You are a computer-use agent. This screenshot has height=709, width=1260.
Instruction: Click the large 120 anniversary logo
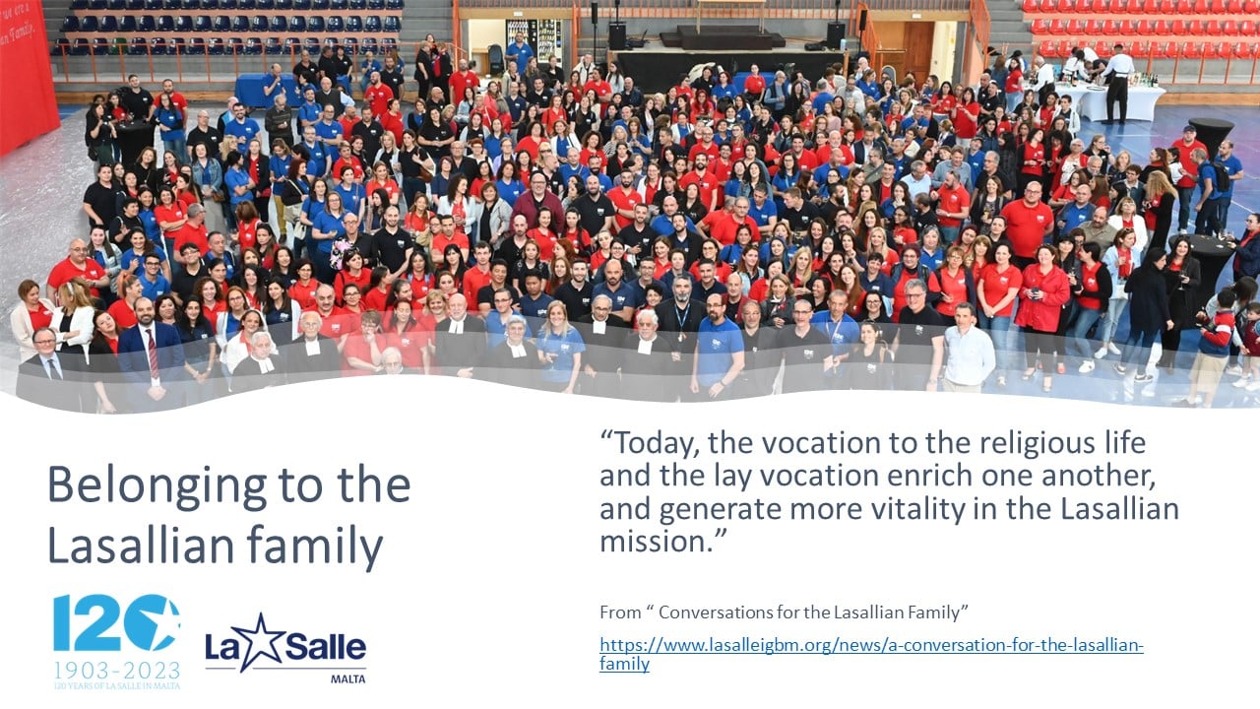pyautogui.click(x=117, y=622)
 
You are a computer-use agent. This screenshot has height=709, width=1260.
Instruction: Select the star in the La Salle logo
pyautogui.click(x=262, y=642)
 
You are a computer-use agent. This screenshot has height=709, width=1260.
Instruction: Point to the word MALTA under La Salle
pyautogui.click(x=347, y=679)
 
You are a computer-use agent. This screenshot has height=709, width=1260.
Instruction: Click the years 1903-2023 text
pyautogui.click(x=117, y=671)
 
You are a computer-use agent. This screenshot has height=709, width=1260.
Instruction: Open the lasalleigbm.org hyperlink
pyautogui.click(x=871, y=654)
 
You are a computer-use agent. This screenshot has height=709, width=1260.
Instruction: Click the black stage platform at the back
pyautogui.click(x=723, y=38)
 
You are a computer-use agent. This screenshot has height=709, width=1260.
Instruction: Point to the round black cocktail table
pyautogui.click(x=1211, y=134)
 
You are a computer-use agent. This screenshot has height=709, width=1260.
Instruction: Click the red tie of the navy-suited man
pyautogui.click(x=153, y=354)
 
